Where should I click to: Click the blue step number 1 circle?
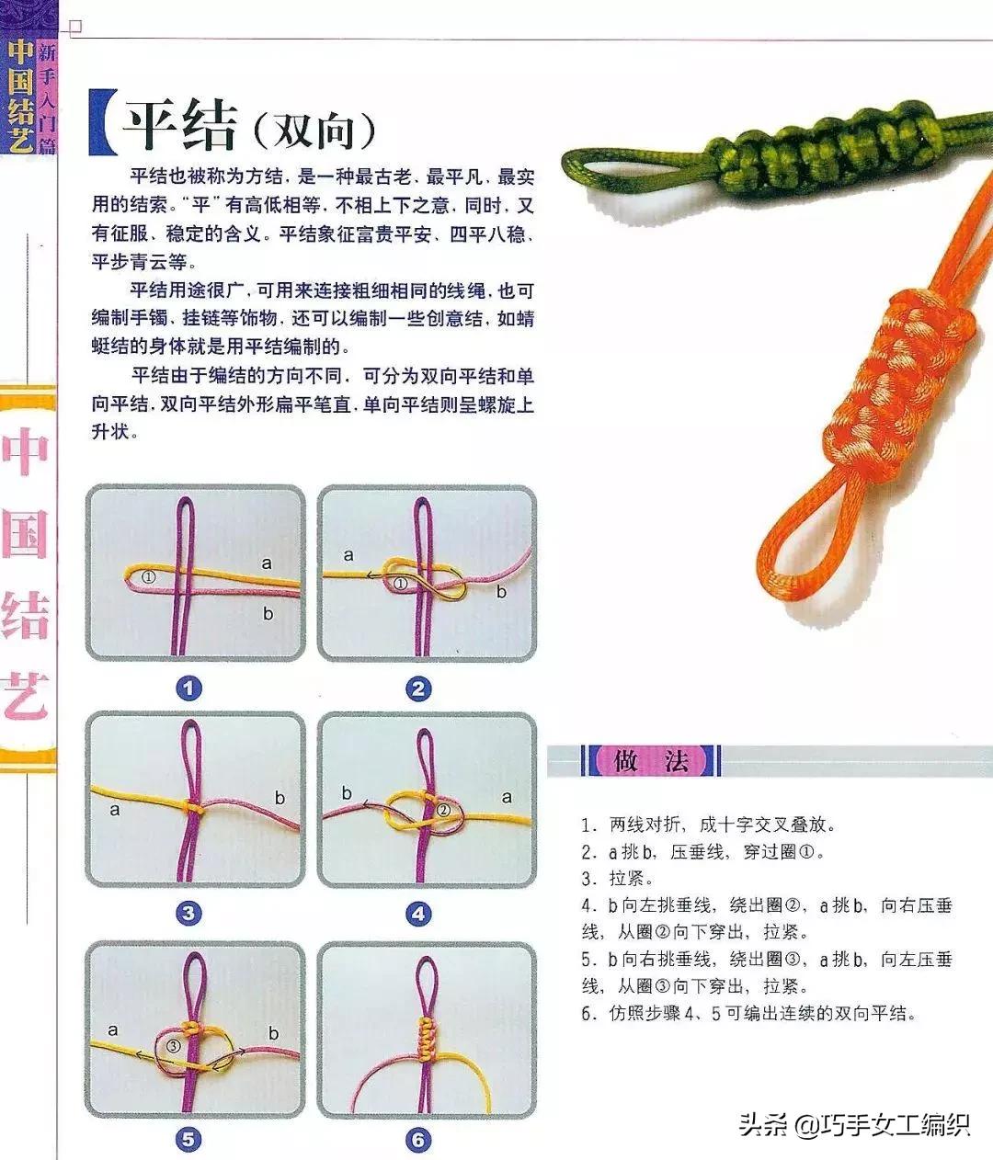(x=188, y=688)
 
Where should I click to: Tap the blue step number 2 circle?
(x=419, y=688)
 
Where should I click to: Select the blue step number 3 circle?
(x=188, y=913)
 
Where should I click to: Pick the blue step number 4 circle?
(x=419, y=913)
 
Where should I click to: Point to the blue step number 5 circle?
(x=188, y=1140)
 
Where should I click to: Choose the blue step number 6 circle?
(x=419, y=1140)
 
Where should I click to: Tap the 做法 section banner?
(x=651, y=761)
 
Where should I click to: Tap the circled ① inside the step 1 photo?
(x=150, y=576)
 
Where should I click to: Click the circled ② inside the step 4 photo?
(x=442, y=810)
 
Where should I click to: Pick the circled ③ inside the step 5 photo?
(x=173, y=1046)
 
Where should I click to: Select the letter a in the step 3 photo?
(x=115, y=810)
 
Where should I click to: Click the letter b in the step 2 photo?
(x=501, y=592)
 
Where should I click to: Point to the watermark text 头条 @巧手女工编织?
(x=855, y=1124)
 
